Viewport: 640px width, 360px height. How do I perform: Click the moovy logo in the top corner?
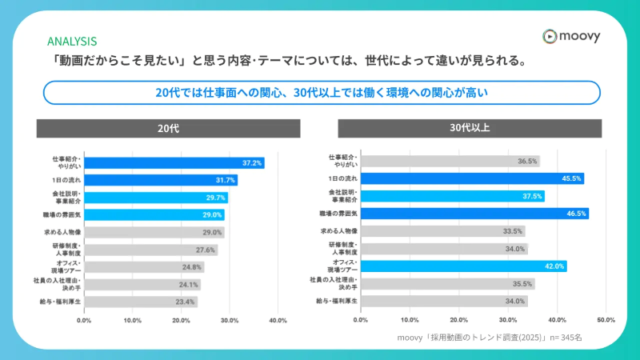click(x=570, y=36)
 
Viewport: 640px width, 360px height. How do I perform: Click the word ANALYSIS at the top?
click(x=72, y=41)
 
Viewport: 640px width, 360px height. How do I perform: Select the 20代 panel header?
click(x=168, y=129)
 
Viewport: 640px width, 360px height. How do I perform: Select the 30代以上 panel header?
click(x=470, y=129)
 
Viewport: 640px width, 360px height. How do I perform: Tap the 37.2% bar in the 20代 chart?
click(x=174, y=162)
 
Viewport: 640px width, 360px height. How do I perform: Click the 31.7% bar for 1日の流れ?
click(x=160, y=180)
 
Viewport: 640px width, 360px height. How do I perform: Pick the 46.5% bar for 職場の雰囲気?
click(x=474, y=214)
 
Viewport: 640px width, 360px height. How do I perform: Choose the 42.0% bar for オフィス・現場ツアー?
click(x=463, y=266)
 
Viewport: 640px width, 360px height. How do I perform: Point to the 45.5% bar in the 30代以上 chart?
click(x=472, y=179)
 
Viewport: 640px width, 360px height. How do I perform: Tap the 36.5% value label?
click(x=527, y=162)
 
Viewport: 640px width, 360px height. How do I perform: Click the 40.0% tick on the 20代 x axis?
click(x=278, y=320)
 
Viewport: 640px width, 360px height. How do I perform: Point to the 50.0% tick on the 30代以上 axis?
click(x=606, y=320)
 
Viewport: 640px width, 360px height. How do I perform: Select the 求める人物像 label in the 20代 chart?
click(x=62, y=231)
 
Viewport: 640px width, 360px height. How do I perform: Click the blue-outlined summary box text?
click(x=321, y=93)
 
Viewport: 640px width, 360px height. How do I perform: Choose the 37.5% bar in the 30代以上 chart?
click(x=452, y=196)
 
